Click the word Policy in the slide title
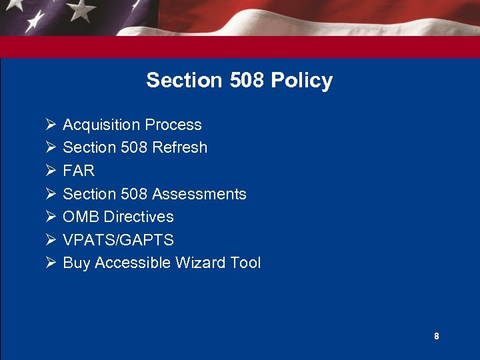coord(301,81)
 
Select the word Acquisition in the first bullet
coord(101,125)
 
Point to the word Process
coord(173,125)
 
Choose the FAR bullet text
coord(79,171)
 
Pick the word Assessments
coord(199,194)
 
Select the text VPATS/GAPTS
coord(118,240)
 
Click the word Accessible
coord(133,263)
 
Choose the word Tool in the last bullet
coord(244,263)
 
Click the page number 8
coord(437,337)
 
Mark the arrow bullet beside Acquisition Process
coord(50,125)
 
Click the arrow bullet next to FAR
coord(50,171)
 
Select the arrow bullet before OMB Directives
coord(50,217)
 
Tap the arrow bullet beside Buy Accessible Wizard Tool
coord(50,263)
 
